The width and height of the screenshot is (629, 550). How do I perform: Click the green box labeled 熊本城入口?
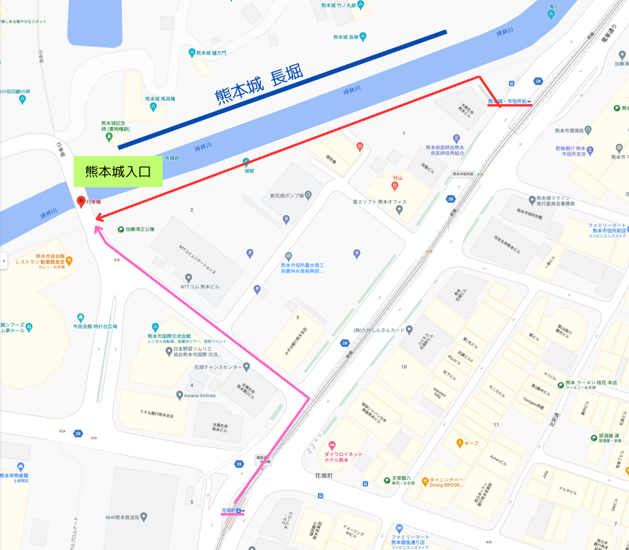(118, 171)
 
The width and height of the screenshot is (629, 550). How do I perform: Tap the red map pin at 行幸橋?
(81, 201)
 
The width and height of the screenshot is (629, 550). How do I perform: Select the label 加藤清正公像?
(139, 229)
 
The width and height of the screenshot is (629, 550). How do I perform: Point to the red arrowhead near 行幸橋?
(99, 217)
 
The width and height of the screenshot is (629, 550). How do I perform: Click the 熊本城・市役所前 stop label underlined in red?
(507, 101)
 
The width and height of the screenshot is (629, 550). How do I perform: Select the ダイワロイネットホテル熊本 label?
(343, 457)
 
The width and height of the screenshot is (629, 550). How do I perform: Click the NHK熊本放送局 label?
(122, 518)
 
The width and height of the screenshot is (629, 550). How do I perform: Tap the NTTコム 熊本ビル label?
(200, 287)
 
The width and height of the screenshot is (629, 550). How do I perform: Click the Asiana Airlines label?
(200, 395)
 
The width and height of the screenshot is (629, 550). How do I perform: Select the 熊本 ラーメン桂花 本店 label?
(591, 383)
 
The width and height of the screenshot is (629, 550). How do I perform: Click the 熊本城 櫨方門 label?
(211, 53)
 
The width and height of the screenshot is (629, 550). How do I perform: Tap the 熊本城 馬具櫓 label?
(160, 99)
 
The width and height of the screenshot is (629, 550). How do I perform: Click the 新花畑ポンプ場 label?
(287, 196)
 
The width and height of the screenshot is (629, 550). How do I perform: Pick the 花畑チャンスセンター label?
(218, 367)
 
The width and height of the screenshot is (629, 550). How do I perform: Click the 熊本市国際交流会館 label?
(169, 336)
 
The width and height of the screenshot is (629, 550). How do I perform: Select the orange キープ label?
(471, 443)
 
